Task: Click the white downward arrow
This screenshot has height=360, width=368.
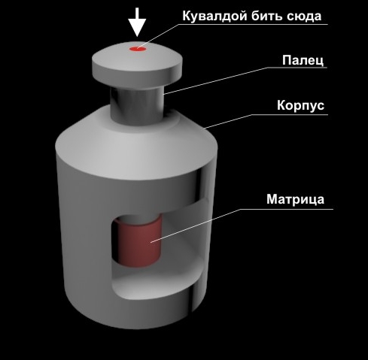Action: pos(137,23)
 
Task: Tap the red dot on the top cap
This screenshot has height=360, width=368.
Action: pos(138,49)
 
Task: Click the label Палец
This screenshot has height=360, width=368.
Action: pos(303,60)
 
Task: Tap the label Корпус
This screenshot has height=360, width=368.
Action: pos(300,105)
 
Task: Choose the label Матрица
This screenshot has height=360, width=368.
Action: pos(295,199)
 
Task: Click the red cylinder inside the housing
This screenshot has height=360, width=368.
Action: pos(140,241)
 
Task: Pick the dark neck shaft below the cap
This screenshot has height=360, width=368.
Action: pos(138,105)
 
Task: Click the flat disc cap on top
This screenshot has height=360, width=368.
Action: pos(137,65)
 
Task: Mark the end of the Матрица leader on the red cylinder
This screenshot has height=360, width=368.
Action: pos(151,242)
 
